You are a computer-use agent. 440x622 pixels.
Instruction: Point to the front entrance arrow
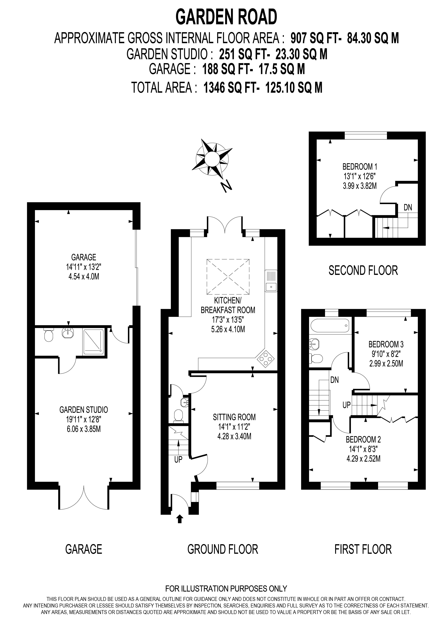point(180,519)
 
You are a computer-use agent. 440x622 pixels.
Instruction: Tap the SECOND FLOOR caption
point(363,270)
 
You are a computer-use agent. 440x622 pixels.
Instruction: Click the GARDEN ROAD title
point(226,17)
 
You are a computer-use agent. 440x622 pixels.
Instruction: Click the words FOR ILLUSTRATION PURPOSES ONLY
point(226,589)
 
